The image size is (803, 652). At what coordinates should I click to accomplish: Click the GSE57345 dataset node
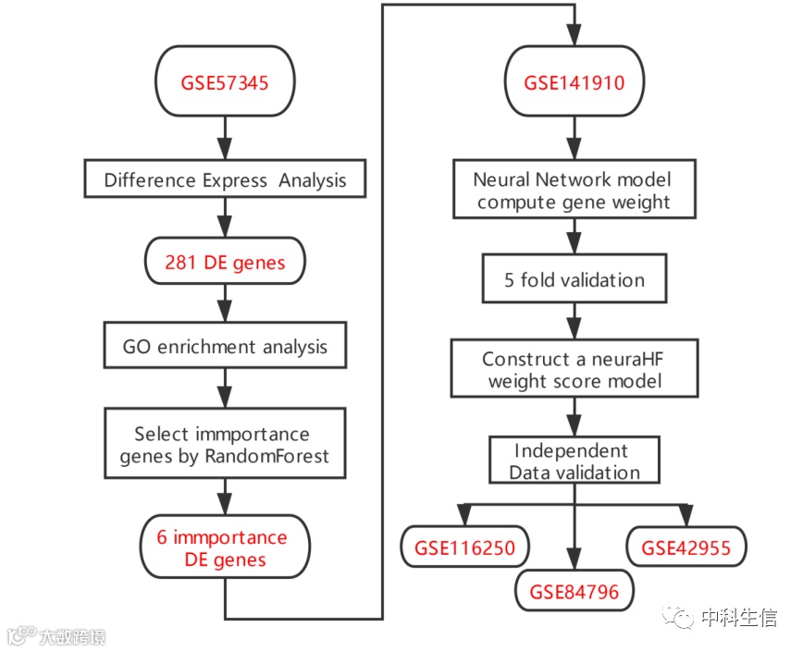click(x=225, y=82)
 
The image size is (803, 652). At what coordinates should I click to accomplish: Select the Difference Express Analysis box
click(x=225, y=179)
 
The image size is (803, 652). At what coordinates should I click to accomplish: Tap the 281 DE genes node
click(x=225, y=263)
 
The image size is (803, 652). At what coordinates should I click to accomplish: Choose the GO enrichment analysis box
click(x=225, y=348)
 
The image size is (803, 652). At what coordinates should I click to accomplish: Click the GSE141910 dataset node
click(x=574, y=82)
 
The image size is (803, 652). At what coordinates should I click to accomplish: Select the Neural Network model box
click(x=574, y=191)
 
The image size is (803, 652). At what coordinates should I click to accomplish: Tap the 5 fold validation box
click(x=574, y=279)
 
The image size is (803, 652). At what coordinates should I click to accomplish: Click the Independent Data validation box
click(x=574, y=461)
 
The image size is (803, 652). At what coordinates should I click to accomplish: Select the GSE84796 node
click(x=574, y=590)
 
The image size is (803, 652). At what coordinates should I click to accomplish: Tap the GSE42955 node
click(x=686, y=547)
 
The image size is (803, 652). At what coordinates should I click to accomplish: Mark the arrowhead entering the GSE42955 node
click(x=686, y=516)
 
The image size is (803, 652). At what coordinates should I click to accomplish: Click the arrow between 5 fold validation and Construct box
click(x=574, y=321)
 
